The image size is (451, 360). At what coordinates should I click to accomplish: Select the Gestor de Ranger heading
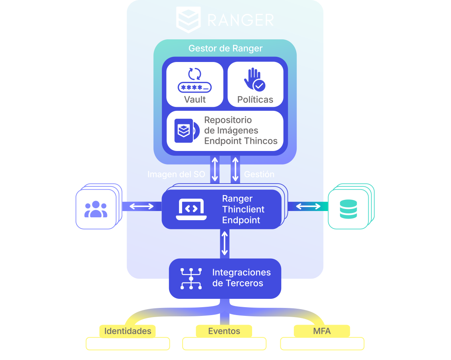point(225,48)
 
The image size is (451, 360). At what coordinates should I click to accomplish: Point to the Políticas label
point(255,100)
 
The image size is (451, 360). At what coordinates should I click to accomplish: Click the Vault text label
point(194,99)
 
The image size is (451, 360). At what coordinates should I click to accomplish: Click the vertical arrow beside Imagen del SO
point(215,170)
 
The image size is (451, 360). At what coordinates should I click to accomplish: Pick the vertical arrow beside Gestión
point(235,170)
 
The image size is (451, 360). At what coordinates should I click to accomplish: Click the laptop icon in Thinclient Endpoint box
point(192,209)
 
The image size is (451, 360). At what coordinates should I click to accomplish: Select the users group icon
point(96,209)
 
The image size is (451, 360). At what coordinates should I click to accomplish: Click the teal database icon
point(348,209)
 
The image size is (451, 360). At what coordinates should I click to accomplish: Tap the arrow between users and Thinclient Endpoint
point(142,206)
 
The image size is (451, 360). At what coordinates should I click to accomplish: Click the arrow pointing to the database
point(308,206)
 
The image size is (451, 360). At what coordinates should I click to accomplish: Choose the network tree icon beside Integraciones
point(191,278)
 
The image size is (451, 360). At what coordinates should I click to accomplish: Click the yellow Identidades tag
point(128,331)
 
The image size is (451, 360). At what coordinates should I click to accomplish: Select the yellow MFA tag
point(322,331)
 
